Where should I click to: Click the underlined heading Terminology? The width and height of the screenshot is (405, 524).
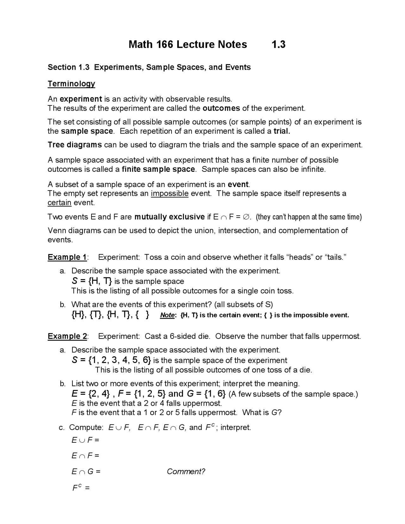[x=71, y=84]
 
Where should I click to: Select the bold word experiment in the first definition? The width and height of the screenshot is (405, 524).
[x=81, y=99]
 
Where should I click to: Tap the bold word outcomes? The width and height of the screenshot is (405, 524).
[x=221, y=109]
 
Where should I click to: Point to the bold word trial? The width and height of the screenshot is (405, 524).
[x=282, y=131]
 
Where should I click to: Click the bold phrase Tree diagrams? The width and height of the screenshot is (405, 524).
[x=75, y=145]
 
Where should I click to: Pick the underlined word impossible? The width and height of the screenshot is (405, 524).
[x=170, y=193]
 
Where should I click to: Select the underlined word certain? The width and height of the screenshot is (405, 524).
[x=59, y=203]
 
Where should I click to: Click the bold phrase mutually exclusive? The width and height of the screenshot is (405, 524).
[x=170, y=217]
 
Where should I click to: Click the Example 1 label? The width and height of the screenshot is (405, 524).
[x=67, y=257]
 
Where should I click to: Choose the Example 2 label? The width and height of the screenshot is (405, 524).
[x=67, y=336]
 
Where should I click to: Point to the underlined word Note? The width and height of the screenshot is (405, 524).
[x=167, y=315]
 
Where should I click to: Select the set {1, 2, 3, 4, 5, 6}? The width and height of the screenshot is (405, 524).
[x=120, y=360]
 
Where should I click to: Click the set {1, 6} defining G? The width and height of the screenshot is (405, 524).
[x=215, y=394]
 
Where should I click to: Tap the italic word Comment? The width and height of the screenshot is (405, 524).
[x=186, y=471]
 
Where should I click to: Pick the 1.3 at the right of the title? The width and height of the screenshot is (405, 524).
[x=278, y=45]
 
